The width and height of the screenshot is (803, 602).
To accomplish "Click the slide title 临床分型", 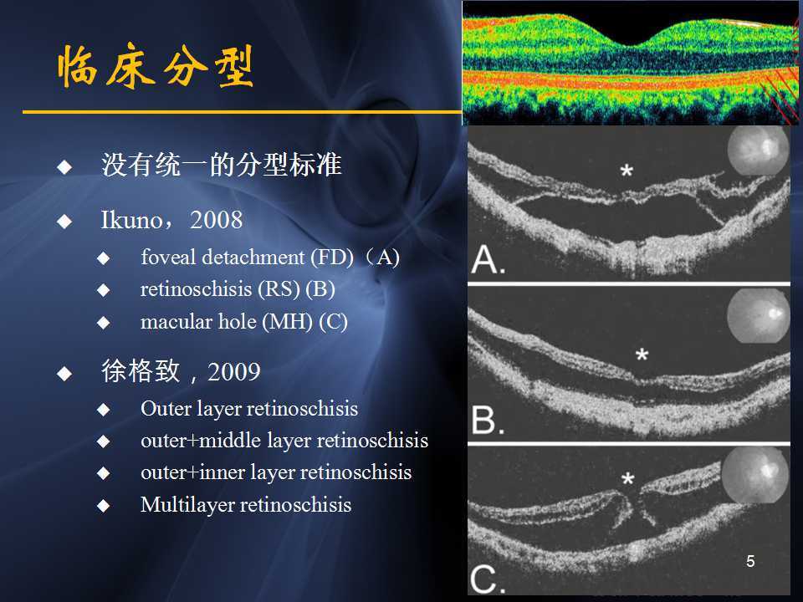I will pyautogui.click(x=156, y=67).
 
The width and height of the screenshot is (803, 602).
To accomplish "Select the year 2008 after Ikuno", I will pyautogui.click(x=217, y=221).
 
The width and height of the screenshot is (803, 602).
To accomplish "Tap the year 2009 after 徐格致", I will pyautogui.click(x=234, y=372).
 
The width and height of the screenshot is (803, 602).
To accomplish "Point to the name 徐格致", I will pyautogui.click(x=141, y=371).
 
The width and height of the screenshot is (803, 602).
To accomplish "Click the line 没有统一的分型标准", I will pyautogui.click(x=222, y=165).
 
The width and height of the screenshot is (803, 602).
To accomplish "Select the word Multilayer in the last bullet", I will pyautogui.click(x=188, y=505).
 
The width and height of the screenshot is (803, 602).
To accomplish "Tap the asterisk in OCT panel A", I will pyautogui.click(x=626, y=171).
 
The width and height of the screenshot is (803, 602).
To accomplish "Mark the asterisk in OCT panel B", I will pyautogui.click(x=642, y=355).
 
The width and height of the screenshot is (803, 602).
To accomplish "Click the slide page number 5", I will pyautogui.click(x=750, y=561).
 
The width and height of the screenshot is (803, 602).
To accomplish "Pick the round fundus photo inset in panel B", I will pyautogui.click(x=758, y=317).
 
